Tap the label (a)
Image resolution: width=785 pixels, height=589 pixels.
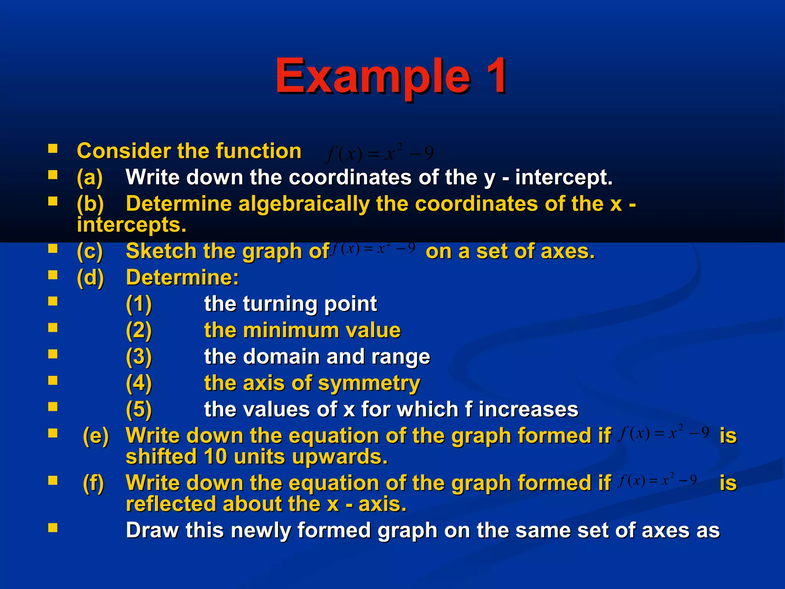pos(90,178)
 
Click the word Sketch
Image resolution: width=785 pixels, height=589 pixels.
pos(161,251)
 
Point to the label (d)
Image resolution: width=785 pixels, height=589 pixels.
pos(90,278)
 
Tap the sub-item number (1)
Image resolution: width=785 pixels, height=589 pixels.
pos(139,304)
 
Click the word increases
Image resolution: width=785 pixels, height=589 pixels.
pos(529,409)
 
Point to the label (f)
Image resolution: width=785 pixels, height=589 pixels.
pos(94,483)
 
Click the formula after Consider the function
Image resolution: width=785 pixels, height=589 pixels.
pos(379,153)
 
